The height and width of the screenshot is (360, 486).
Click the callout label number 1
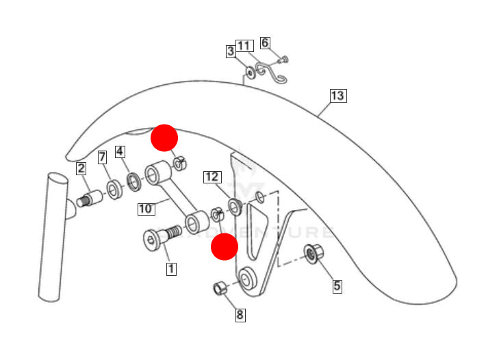(171, 269)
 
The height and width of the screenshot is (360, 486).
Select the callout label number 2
(81, 168)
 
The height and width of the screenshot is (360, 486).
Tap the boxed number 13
(337, 96)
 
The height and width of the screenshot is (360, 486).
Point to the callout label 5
(337, 285)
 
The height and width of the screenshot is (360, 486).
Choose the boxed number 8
(240, 315)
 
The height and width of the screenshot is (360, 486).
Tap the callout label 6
(266, 43)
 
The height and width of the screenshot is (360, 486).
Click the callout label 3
(231, 51)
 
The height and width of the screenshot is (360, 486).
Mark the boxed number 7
(102, 158)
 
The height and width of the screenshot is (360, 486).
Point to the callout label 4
(120, 151)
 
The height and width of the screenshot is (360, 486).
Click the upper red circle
(164, 138)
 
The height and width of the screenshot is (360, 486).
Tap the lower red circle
(224, 246)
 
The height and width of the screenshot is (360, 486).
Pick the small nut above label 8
(219, 288)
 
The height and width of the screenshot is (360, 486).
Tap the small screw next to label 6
(283, 60)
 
